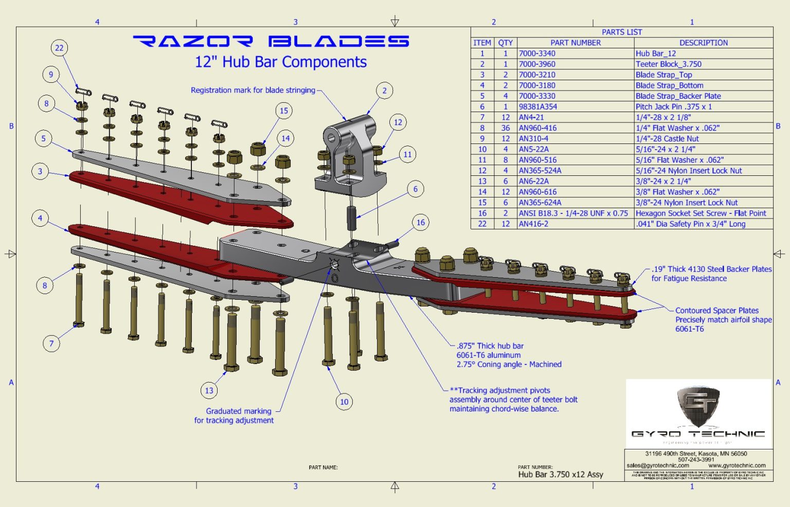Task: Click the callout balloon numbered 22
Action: click(59, 48)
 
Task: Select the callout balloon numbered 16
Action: click(421, 223)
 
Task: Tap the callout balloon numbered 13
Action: click(209, 390)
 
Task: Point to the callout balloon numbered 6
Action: click(416, 189)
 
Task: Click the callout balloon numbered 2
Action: click(384, 90)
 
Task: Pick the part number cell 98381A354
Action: click(538, 106)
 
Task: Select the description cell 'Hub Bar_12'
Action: click(656, 53)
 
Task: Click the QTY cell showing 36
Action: click(505, 128)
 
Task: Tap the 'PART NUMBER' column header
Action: click(575, 43)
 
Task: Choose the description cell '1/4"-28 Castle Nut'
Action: click(667, 139)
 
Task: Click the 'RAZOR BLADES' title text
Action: click(271, 41)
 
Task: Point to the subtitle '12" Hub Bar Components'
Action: click(280, 62)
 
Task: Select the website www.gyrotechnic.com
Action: click(737, 465)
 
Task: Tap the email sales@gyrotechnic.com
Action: click(658, 465)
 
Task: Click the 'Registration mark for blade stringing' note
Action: click(253, 90)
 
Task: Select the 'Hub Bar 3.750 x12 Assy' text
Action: click(561, 475)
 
